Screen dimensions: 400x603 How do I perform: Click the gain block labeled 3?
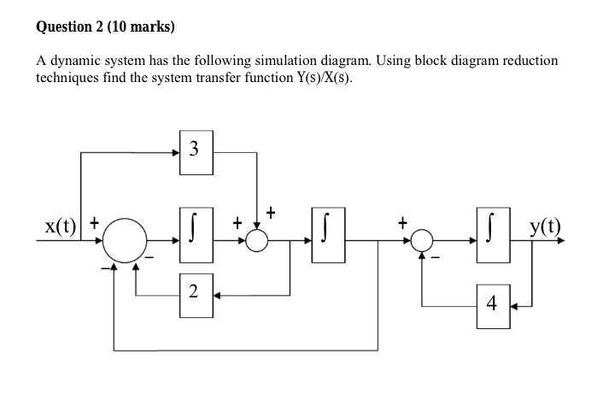196,151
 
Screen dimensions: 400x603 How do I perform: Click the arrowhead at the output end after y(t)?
560,241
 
